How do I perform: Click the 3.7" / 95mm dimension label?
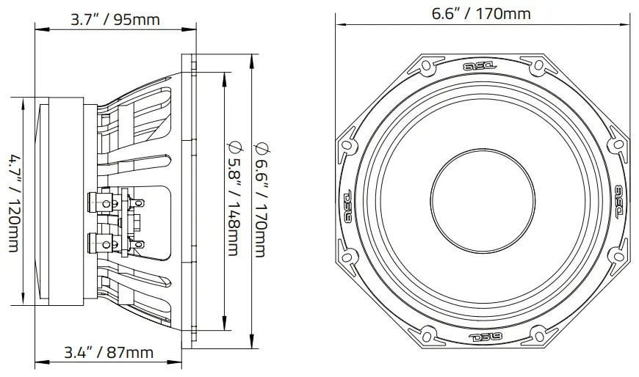(x=115, y=19)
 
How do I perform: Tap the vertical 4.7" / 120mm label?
(x=15, y=202)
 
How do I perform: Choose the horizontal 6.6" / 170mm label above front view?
(x=481, y=13)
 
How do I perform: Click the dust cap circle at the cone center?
(x=481, y=198)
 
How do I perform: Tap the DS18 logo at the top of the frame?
(x=480, y=66)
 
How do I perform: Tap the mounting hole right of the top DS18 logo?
(x=538, y=67)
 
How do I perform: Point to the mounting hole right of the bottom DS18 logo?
(x=538, y=334)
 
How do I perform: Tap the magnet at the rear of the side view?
(x=59, y=202)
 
